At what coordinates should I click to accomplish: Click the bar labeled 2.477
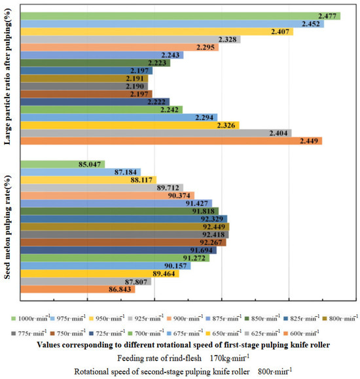[x=181, y=16]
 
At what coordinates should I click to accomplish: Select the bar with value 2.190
[x=84, y=86]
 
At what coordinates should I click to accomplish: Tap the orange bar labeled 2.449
[x=171, y=141]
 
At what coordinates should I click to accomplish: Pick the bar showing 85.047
[x=63, y=164]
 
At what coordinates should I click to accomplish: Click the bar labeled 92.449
[x=125, y=226]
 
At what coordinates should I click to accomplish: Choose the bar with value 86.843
[x=78, y=289]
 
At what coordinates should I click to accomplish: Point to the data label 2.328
[x=228, y=39]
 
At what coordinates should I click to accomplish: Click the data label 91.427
[x=197, y=204]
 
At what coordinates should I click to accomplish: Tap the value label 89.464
[x=164, y=274]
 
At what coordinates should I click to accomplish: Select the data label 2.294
[x=204, y=117]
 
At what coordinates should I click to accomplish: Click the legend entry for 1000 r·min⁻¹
[x=31, y=318]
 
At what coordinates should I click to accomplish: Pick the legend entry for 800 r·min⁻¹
[x=340, y=318]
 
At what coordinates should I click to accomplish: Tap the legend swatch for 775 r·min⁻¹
[x=13, y=334]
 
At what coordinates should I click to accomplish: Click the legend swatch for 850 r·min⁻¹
[x=247, y=319]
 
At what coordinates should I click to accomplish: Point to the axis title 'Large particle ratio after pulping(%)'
[x=7, y=77]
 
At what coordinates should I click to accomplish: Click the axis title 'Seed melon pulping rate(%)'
[x=7, y=227]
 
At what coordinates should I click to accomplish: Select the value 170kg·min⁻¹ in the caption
[x=230, y=358]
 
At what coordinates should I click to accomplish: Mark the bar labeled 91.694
[x=118, y=250]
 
